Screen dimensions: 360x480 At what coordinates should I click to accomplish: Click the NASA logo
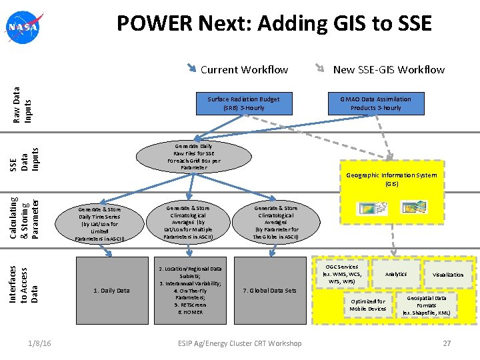coord(23,27)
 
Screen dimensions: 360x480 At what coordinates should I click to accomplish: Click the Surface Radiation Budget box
coord(243,103)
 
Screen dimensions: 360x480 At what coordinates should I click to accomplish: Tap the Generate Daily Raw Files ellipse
coord(193,157)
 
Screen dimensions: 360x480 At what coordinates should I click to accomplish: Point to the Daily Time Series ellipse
coord(99,223)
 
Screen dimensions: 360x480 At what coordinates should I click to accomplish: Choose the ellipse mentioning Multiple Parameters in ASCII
coord(188,223)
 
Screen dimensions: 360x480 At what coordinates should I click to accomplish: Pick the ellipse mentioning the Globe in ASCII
coord(276,223)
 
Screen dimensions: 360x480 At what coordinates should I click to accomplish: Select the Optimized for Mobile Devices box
coord(367,305)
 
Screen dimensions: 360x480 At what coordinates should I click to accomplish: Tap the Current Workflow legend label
coord(244,69)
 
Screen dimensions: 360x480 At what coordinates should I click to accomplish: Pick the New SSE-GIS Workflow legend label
coord(389,69)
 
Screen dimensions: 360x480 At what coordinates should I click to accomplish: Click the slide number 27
coord(447,343)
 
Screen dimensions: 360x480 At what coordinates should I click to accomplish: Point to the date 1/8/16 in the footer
coord(41,343)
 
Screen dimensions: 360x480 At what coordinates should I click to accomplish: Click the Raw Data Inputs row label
coord(23,103)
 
